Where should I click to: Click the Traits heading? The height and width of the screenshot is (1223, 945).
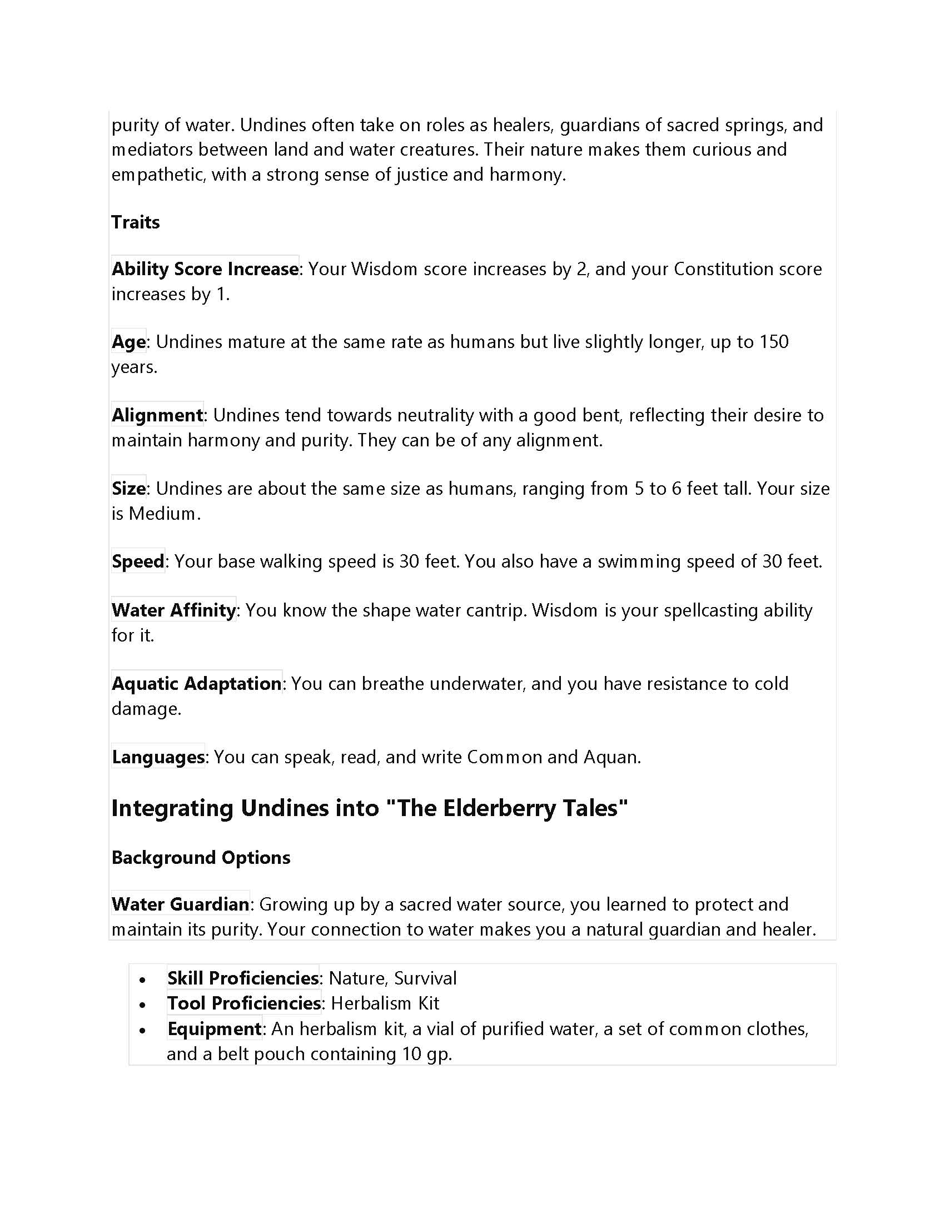pos(136,222)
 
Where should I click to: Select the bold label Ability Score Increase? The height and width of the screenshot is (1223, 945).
pos(205,269)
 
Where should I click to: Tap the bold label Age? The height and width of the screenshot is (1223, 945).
pos(129,341)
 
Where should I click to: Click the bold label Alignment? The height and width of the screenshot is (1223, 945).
pos(157,415)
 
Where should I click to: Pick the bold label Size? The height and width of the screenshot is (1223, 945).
pos(129,488)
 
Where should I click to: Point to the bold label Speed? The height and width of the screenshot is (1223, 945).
pos(138,561)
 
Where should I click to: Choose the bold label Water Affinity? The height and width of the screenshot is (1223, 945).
pos(173,610)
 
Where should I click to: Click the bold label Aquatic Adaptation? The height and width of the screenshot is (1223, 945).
pos(196,683)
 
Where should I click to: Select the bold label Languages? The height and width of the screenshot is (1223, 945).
pos(158,757)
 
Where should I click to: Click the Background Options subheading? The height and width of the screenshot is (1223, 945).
pos(201,857)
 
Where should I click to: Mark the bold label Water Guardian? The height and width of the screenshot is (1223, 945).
pos(180,904)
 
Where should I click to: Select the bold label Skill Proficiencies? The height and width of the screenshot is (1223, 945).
pos(243,978)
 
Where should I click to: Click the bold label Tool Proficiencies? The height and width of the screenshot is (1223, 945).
pos(244,1003)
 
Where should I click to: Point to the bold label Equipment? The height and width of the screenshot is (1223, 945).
pos(215,1028)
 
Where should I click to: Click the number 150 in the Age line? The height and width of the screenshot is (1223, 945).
pos(773,341)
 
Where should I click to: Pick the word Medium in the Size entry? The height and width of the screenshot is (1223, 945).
pos(162,514)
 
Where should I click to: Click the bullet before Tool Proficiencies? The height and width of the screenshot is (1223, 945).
pos(143,1005)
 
